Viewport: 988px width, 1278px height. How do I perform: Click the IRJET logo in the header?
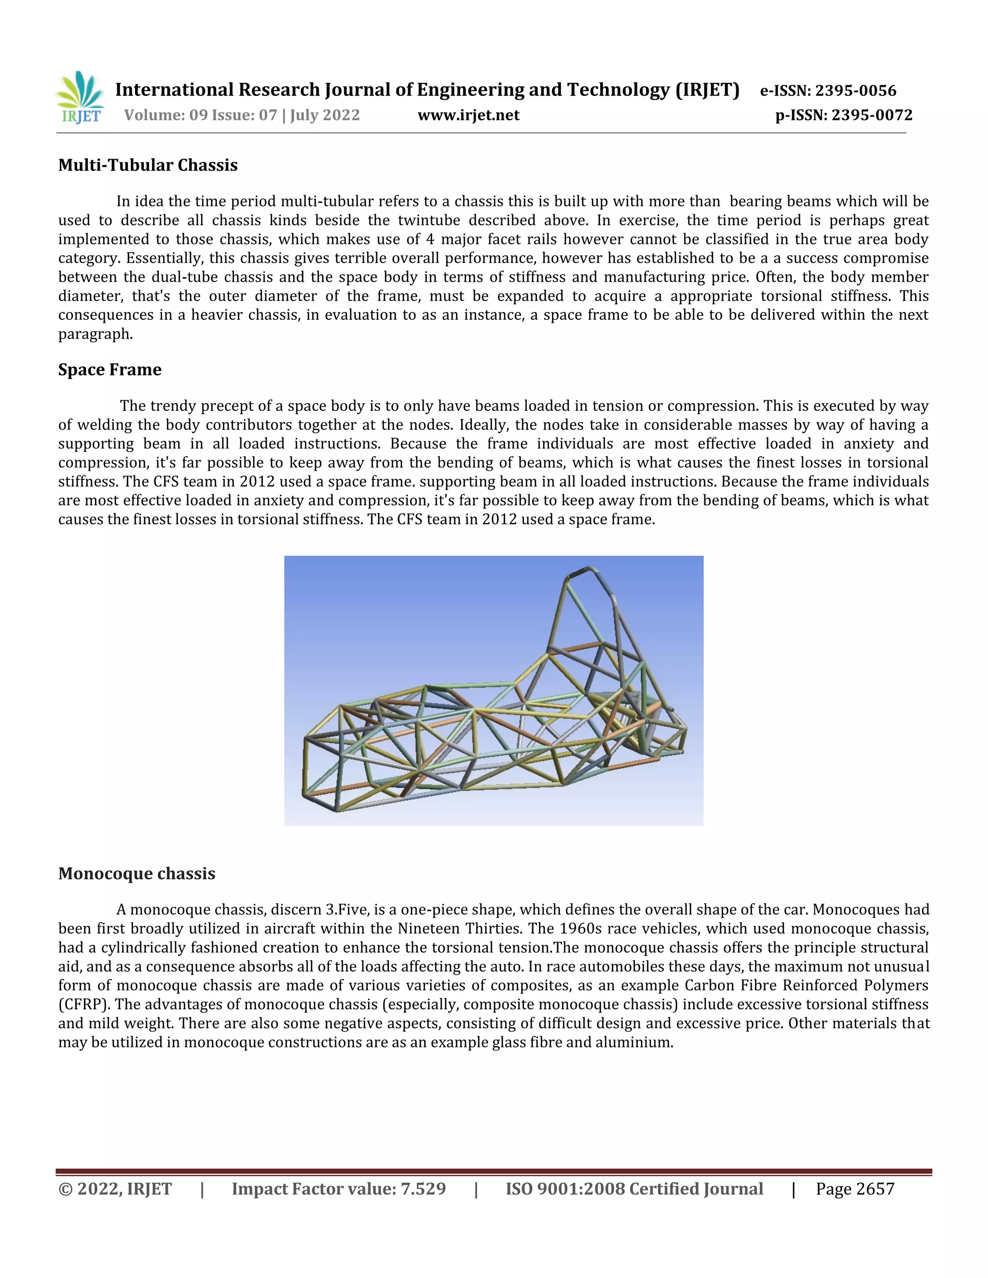point(80,98)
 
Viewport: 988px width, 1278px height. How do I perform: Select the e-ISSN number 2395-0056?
point(856,91)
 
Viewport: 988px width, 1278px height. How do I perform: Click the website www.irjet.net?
point(468,115)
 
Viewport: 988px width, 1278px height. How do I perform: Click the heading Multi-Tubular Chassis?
point(148,165)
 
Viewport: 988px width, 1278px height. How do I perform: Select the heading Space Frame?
point(110,369)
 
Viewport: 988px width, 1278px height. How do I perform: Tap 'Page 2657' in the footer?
point(855,1189)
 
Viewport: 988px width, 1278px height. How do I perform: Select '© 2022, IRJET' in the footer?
point(115,1189)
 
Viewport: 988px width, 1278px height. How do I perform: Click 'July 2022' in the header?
point(325,115)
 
